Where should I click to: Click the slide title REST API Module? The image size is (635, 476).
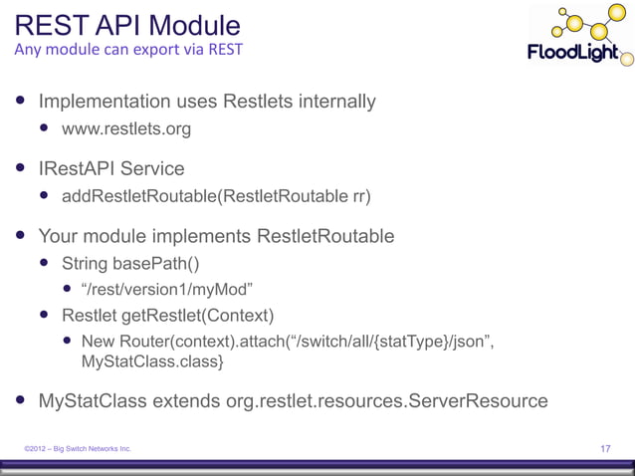(x=128, y=25)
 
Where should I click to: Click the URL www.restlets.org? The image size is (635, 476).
(x=126, y=129)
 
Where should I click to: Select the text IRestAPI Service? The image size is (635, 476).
(x=111, y=169)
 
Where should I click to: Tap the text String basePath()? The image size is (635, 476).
(x=130, y=264)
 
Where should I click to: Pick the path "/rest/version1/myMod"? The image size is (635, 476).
(x=166, y=290)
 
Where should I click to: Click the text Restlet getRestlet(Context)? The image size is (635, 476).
(x=167, y=317)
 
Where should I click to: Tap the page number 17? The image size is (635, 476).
(x=606, y=448)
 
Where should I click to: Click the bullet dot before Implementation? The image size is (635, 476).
(x=19, y=102)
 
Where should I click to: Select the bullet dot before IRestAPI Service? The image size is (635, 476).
(x=19, y=169)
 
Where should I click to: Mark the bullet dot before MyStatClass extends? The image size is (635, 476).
(x=19, y=401)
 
